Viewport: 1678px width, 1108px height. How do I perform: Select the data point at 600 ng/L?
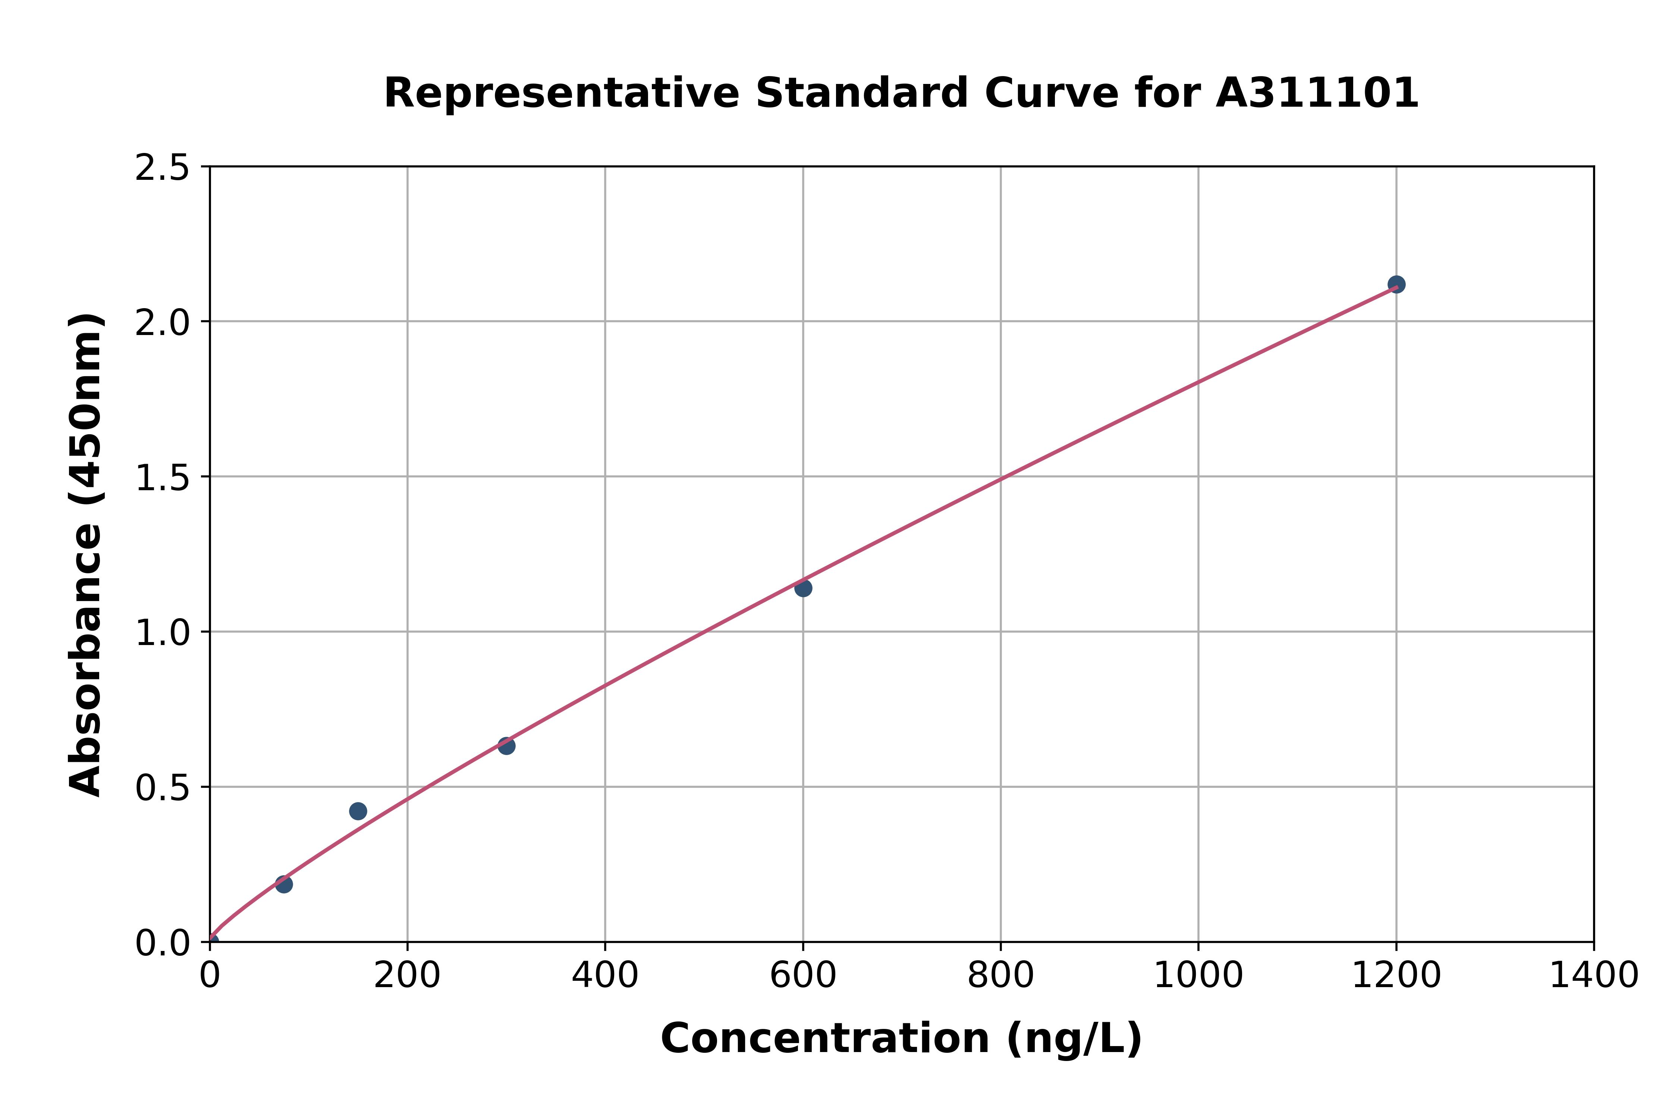803,588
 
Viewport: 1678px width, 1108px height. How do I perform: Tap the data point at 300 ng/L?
506,745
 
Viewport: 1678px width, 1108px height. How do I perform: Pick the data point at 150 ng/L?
358,811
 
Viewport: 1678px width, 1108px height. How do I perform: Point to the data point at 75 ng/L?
284,884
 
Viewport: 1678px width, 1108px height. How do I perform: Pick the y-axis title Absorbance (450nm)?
86,555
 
